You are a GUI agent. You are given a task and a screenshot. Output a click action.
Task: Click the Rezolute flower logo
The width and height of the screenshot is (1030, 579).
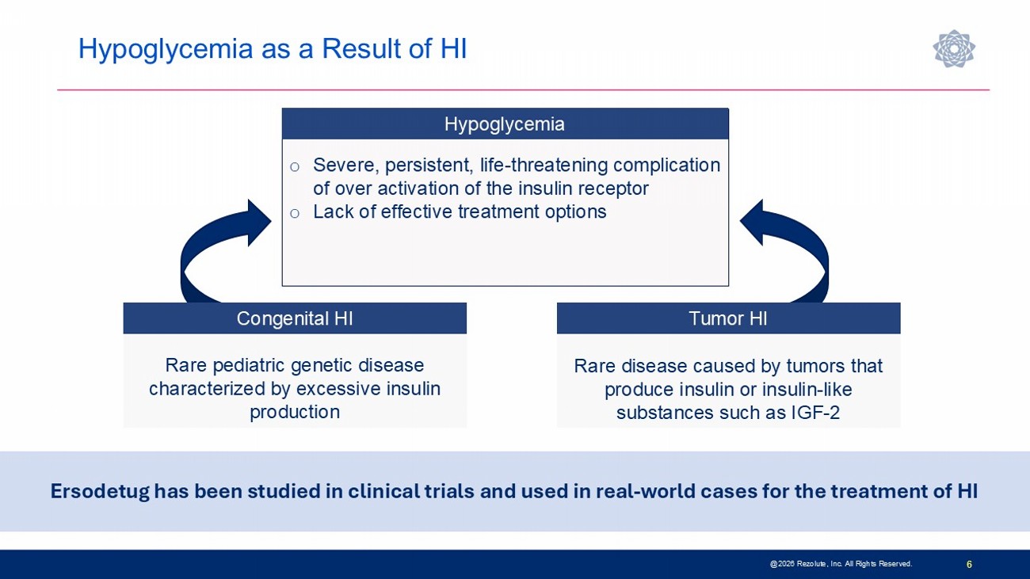click(954, 48)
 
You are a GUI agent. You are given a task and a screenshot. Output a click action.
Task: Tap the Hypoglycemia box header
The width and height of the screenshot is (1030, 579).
click(505, 124)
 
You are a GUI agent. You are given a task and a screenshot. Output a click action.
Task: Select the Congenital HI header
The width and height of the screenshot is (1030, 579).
click(295, 318)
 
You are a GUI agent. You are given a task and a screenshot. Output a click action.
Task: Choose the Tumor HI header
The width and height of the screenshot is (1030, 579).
click(728, 318)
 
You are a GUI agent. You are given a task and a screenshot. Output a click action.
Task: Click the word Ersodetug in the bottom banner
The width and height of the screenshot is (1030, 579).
click(100, 492)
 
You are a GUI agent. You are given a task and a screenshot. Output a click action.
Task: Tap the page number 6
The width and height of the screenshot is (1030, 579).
click(969, 564)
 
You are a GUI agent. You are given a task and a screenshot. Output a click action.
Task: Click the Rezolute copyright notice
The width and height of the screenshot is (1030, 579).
click(841, 564)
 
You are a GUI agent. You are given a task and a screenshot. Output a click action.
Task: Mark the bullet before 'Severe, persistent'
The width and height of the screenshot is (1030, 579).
click(295, 167)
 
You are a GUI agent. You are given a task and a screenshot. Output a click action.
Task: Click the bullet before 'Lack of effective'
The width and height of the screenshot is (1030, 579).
click(295, 213)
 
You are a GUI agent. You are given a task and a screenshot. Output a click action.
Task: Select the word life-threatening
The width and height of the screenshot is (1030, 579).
click(544, 165)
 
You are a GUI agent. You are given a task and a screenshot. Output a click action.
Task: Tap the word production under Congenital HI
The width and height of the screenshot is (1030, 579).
click(295, 412)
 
